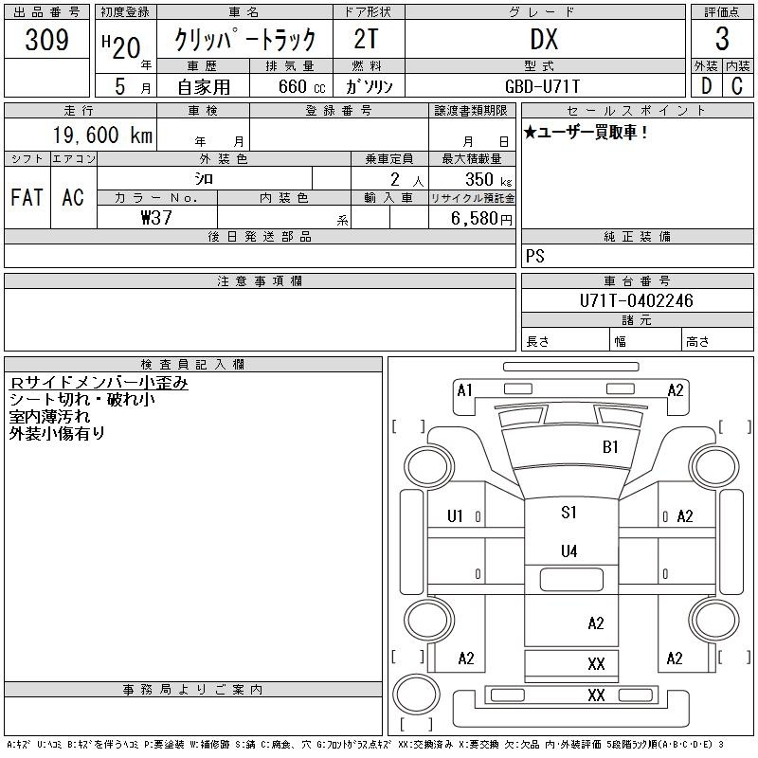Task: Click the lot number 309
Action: pyautogui.click(x=46, y=40)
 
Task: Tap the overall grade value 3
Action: pyautogui.click(x=722, y=39)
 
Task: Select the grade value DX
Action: pyautogui.click(x=544, y=40)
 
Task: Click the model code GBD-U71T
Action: pyautogui.click(x=542, y=86)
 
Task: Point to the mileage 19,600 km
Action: pyautogui.click(x=102, y=135)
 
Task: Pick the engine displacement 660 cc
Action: pyautogui.click(x=301, y=86)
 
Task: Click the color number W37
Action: pyautogui.click(x=156, y=218)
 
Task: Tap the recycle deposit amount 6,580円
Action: pyautogui.click(x=481, y=219)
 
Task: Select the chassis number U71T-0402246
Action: pyautogui.click(x=636, y=300)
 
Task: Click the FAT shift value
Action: pyautogui.click(x=27, y=197)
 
